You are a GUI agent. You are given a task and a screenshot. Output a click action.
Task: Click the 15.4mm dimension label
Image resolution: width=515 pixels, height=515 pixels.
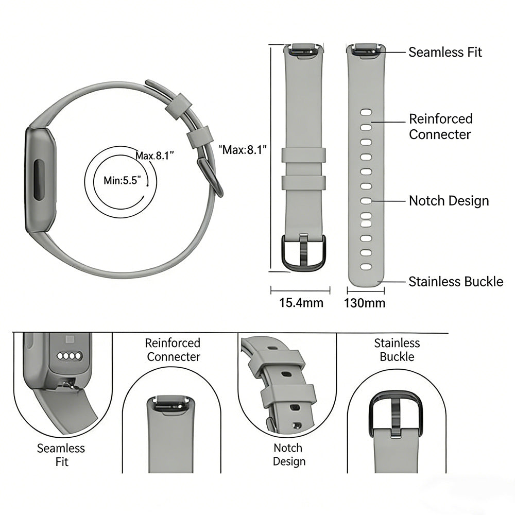pos(301,303)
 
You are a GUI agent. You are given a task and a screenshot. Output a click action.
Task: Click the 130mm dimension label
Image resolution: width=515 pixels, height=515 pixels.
pos(365,303)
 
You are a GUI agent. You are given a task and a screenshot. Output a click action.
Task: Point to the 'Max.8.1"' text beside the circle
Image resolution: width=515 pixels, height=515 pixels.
pos(154,155)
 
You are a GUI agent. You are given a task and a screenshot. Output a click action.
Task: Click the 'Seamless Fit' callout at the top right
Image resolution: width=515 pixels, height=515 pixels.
pos(445,52)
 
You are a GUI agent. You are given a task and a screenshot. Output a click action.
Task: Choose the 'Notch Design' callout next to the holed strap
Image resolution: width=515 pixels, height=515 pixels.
pos(449,201)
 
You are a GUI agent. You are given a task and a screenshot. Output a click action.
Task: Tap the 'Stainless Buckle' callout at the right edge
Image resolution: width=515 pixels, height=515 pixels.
pos(456,282)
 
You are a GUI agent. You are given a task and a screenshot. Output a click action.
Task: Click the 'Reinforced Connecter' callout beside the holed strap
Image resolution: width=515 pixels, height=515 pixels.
pos(440,127)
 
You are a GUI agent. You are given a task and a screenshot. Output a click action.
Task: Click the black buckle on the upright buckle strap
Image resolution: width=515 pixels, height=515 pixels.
pos(303,252)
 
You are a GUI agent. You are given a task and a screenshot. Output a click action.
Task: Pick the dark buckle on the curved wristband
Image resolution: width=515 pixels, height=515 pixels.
pos(210,175)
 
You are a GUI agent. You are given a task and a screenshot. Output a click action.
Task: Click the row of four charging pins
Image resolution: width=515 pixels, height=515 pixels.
pos(70,356)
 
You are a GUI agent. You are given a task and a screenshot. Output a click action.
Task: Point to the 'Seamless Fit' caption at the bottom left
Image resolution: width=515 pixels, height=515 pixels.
pos(61,455)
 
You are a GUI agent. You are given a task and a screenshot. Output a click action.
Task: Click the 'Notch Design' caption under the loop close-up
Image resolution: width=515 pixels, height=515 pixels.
pos(288,455)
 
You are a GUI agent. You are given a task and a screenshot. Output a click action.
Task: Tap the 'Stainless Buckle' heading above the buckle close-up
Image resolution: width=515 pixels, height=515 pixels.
pos(397,350)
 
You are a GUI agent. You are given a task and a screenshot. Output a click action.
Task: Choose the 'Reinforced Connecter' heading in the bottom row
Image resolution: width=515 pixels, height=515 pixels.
pos(173,350)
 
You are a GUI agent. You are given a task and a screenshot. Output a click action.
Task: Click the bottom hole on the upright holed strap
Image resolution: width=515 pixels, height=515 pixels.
pos(366,267)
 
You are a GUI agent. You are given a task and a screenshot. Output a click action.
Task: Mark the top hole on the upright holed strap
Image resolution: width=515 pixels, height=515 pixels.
pos(366,111)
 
